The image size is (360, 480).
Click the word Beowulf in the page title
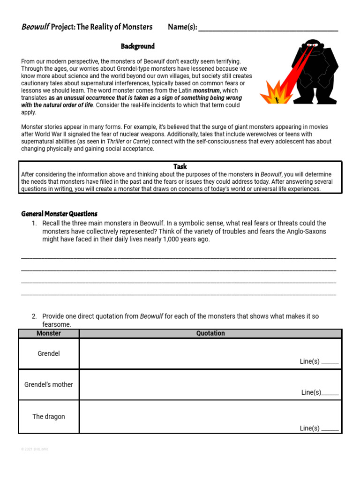[x=35, y=27]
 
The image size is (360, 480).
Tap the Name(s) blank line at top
[x=268, y=28]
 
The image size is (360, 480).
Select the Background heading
[x=137, y=46]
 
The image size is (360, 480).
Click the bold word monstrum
[x=206, y=90]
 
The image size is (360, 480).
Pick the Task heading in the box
[x=180, y=166]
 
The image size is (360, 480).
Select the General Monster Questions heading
[x=59, y=214]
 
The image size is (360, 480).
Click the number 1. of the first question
[x=35, y=223]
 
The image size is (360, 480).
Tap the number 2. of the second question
[x=35, y=316]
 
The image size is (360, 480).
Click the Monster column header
[x=49, y=333]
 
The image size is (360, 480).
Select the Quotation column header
[x=210, y=333]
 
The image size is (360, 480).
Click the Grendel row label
[x=49, y=353]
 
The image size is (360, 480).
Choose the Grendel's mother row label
[x=49, y=384]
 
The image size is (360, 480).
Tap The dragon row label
[x=49, y=416]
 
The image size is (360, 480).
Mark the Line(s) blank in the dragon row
[x=330, y=429]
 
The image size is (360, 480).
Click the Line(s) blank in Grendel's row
[x=330, y=362]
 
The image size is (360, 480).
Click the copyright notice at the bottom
[x=35, y=449]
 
